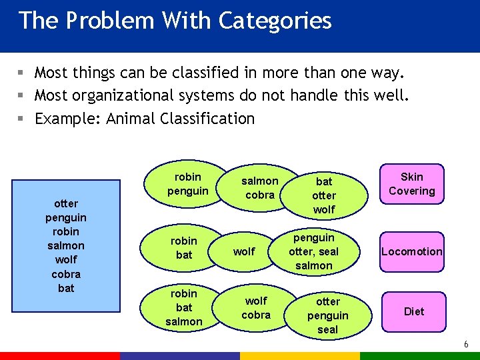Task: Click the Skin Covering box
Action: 411,184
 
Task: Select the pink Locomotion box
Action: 411,251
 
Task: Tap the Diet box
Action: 413,311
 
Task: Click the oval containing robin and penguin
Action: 187,185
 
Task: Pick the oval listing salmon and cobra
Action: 259,188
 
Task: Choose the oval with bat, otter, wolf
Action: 324,195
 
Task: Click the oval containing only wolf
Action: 244,251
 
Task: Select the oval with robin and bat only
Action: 184,248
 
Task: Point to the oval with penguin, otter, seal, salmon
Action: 313,251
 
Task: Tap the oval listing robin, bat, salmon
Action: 184,307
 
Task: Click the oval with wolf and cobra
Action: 256,307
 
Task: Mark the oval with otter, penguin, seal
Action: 327,315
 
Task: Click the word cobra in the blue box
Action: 66,274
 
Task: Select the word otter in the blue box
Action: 66,203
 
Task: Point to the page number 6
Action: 466,345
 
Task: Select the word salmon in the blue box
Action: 66,246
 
